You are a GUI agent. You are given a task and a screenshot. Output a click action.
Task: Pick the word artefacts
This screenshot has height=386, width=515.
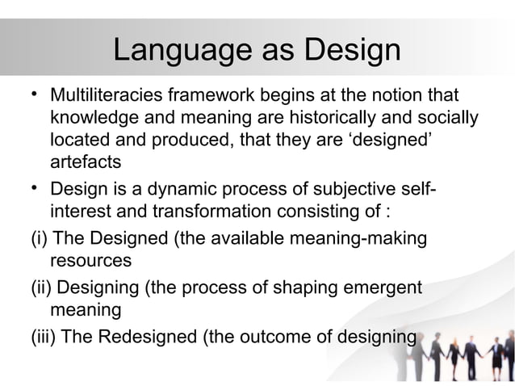coord(86,162)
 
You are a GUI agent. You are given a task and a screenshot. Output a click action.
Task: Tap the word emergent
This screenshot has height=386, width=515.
coord(386,288)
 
